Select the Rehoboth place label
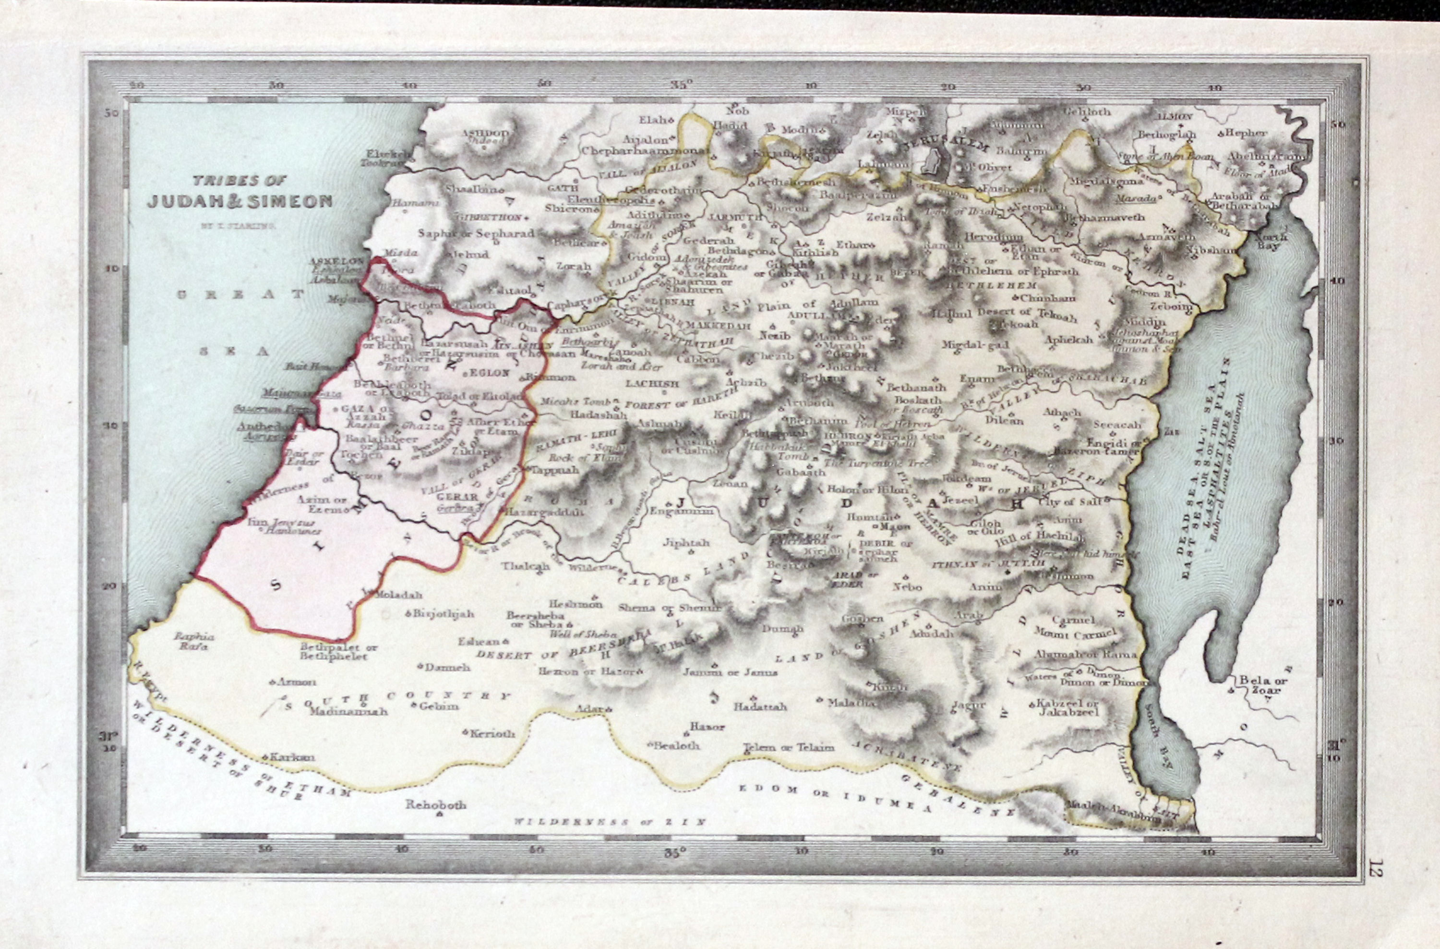pos(436,805)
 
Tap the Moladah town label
pos(398,595)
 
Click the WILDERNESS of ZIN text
pos(610,822)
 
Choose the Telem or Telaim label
pos(789,747)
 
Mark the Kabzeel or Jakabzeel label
pos(1068,707)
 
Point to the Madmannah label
pos(348,711)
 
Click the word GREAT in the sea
pos(240,295)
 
